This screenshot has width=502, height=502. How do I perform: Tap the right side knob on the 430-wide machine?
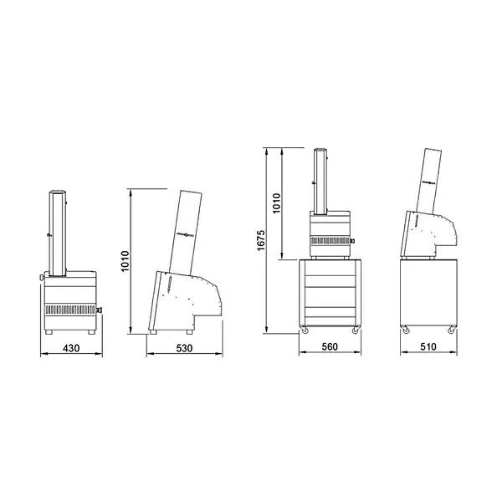(x=100, y=311)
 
